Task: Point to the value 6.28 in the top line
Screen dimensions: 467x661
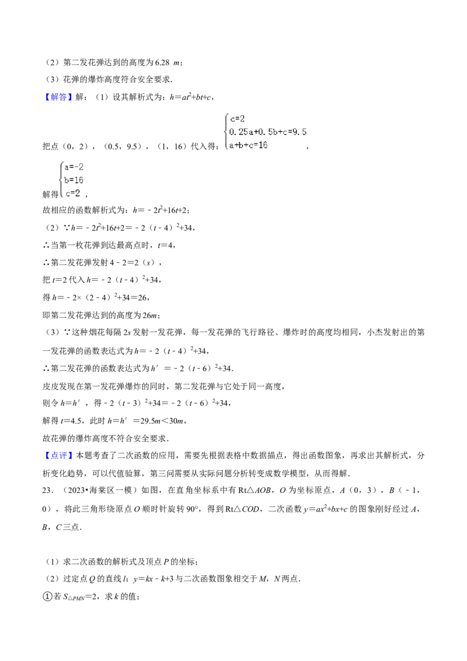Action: pyautogui.click(x=162, y=62)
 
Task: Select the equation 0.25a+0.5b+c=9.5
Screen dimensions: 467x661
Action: pyautogui.click(x=268, y=132)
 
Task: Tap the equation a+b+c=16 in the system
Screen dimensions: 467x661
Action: pyautogui.click(x=248, y=145)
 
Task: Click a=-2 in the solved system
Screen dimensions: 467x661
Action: pyautogui.click(x=74, y=167)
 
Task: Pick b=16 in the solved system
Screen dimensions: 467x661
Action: pyautogui.click(x=74, y=180)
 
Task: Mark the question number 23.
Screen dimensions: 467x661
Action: pyautogui.click(x=48, y=490)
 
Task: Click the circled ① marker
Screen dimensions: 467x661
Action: pyautogui.click(x=47, y=597)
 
